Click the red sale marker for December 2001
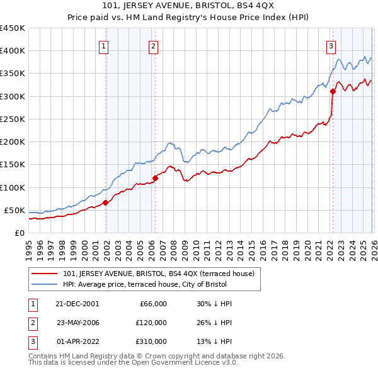coord(106,202)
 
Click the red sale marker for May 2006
coord(155,178)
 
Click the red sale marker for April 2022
coord(333,92)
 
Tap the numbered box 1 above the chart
coord(103,45)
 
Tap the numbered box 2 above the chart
coord(153,45)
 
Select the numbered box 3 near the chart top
coord(331,45)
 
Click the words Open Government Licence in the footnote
coord(186,363)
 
